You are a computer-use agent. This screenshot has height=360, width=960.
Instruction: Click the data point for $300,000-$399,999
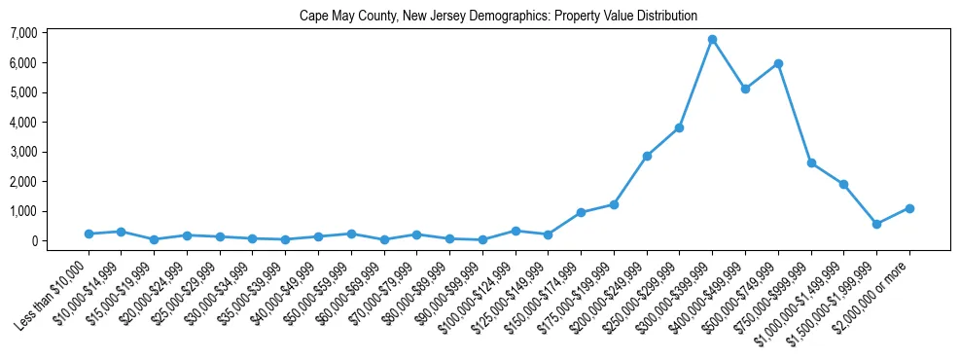pyautogui.click(x=712, y=40)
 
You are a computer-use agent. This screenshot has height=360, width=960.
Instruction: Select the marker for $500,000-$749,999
pyautogui.click(x=778, y=64)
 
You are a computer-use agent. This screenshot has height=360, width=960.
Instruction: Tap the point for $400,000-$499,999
pyautogui.click(x=745, y=89)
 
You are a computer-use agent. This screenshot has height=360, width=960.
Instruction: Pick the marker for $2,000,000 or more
pyautogui.click(x=909, y=208)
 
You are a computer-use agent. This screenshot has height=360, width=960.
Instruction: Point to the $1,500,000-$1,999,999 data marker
pyautogui.click(x=876, y=224)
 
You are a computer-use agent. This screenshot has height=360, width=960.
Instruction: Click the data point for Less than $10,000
pyautogui.click(x=89, y=234)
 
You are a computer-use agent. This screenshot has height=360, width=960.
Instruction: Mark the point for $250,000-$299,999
pyautogui.click(x=679, y=127)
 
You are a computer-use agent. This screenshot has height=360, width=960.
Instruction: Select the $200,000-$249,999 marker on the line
pyautogui.click(x=647, y=156)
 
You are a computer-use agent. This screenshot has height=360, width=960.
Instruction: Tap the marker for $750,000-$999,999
pyautogui.click(x=811, y=163)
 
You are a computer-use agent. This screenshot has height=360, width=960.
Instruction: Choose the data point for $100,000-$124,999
pyautogui.click(x=516, y=231)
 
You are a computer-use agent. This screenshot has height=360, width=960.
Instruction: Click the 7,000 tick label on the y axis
pyautogui.click(x=24, y=33)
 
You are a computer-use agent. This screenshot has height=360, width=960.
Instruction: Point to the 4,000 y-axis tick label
pyautogui.click(x=24, y=123)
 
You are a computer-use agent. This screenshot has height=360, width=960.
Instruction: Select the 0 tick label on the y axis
pyautogui.click(x=34, y=241)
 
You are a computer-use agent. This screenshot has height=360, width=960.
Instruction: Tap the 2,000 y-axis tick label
pyautogui.click(x=24, y=182)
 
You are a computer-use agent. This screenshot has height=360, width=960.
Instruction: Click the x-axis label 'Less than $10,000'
pyautogui.click(x=53, y=293)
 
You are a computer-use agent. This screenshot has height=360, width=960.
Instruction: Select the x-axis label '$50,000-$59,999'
pyautogui.click(x=316, y=291)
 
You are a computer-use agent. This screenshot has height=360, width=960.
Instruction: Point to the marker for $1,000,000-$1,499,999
pyautogui.click(x=843, y=184)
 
